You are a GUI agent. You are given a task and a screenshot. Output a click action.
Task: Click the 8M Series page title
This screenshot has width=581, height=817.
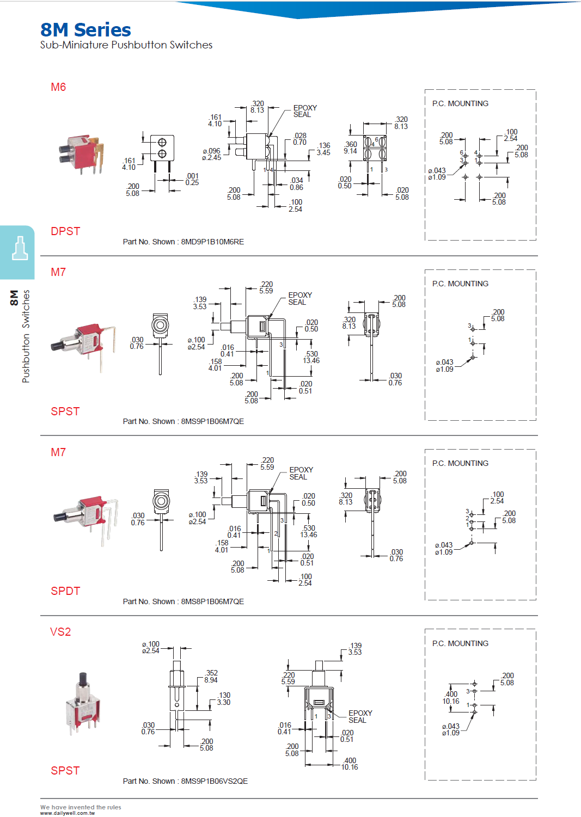pos(85,30)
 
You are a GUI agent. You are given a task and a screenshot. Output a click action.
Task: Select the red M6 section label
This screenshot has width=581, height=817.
pos(58,87)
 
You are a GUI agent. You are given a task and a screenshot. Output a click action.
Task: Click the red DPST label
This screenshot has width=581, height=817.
pos(65,231)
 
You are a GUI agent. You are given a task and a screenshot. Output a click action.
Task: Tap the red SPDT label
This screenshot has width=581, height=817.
pos(65,591)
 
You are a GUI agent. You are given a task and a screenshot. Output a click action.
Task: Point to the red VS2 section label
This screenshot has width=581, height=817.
pos(60,632)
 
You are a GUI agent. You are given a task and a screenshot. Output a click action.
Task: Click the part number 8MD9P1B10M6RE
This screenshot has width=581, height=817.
pos(212,242)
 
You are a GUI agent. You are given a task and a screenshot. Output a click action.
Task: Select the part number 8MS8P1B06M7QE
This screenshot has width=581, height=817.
pos(212,601)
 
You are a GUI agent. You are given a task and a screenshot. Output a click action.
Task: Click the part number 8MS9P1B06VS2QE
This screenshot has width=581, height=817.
pos(214,781)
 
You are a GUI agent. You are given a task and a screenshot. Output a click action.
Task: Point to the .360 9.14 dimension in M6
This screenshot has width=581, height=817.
pos(351,148)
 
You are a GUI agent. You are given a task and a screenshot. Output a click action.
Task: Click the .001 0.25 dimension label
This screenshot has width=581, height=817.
pos(192,179)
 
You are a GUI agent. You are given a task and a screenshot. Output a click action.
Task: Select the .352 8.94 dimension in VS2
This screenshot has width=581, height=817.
pos(211,677)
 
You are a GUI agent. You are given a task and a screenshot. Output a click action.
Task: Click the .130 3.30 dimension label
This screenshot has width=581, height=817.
pos(224,699)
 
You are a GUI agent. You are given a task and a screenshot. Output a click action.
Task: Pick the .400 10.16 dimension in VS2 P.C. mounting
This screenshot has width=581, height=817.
pos(451,698)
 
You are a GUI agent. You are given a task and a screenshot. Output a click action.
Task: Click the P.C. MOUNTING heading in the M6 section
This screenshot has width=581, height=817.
pos(460,103)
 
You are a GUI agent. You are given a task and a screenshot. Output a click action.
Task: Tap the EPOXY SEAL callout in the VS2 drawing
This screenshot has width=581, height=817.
pos(360,716)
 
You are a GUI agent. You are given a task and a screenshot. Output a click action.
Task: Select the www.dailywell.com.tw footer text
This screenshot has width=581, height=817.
pos(68,813)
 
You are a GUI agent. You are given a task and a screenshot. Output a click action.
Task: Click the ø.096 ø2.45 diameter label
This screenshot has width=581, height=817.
pos(211,155)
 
